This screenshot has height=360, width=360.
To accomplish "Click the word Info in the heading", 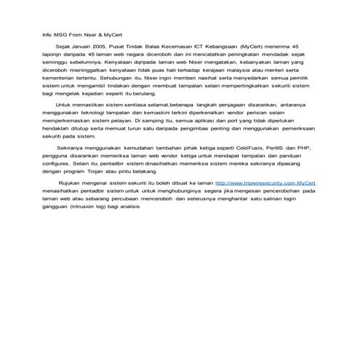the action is click(x=45, y=33).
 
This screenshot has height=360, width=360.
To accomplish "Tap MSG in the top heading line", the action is click(x=60, y=33).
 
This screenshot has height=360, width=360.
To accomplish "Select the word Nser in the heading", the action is click(x=92, y=33).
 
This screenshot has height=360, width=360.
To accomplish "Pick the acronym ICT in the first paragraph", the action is click(x=200, y=45).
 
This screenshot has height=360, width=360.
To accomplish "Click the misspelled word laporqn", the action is click(x=52, y=53).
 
